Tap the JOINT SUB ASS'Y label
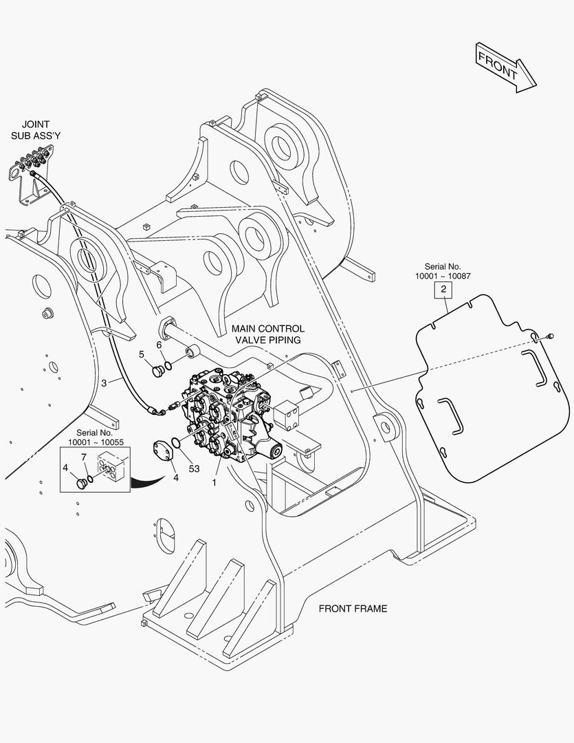pos(36,130)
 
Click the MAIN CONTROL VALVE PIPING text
pos(268,334)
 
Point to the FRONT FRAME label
pos(353,608)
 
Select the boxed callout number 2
pos(443,289)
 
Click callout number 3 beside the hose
pos(104,383)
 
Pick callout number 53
pos(194,469)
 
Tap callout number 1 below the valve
pos(214,483)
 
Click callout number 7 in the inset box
pos(84,457)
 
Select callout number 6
pos(159,345)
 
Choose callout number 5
pos(142,354)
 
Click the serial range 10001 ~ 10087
pos(443,276)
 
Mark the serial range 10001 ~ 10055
pos(96,442)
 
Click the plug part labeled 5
pos(157,371)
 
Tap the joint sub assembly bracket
pos(30,173)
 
